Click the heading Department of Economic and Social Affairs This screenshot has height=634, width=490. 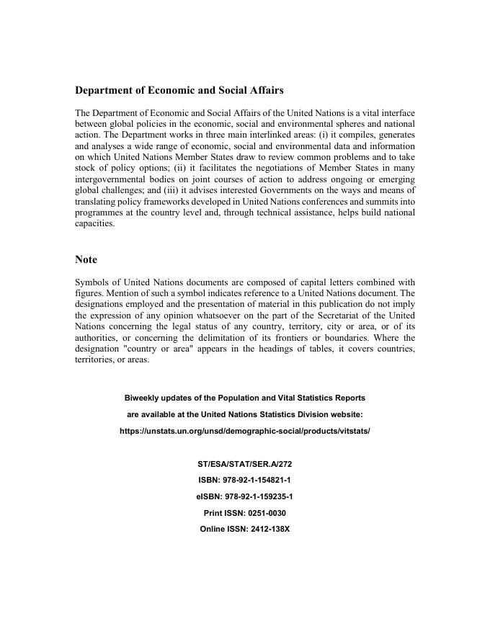pyautogui.click(x=179, y=91)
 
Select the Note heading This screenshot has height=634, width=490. pyautogui.click(x=86, y=259)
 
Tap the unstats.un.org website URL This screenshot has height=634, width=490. pyautogui.click(x=244, y=431)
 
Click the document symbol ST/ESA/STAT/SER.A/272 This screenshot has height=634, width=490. pyautogui.click(x=244, y=465)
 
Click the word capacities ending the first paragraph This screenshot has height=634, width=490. pyautogui.click(x=94, y=223)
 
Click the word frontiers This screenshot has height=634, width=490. pyautogui.click(x=325, y=337)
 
